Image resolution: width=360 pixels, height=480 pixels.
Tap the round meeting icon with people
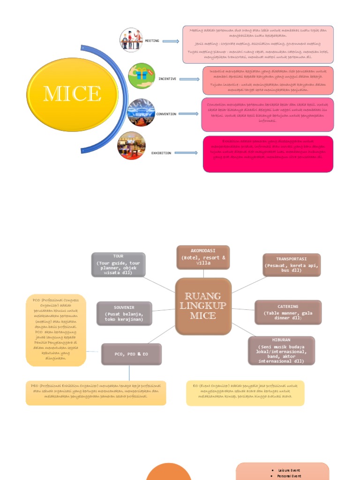pos(131,40)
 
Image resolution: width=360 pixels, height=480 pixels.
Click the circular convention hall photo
pos(141,112)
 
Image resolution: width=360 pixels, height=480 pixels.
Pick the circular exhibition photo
pos(132,145)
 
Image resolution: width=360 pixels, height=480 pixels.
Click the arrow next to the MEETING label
pos(171,41)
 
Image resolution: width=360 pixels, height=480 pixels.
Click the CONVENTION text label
pos(166,114)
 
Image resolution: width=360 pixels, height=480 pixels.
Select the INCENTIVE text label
pos(167,79)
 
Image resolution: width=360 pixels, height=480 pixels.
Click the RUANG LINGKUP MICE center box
pos(203,306)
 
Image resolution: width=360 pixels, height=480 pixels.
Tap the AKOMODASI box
pos(203,257)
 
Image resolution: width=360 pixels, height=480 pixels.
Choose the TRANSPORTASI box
pos(292,265)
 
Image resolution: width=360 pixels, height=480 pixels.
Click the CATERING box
pos(288,313)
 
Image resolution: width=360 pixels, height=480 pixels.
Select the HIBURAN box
pos(281,351)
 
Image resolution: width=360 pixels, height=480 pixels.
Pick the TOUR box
pos(118,264)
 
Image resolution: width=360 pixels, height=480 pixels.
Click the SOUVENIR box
pos(124,314)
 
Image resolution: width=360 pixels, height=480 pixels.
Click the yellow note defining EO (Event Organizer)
pos(245,393)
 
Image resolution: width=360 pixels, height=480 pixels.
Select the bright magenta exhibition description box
pos(268,154)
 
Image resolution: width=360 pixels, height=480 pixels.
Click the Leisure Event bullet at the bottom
pos(289,470)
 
